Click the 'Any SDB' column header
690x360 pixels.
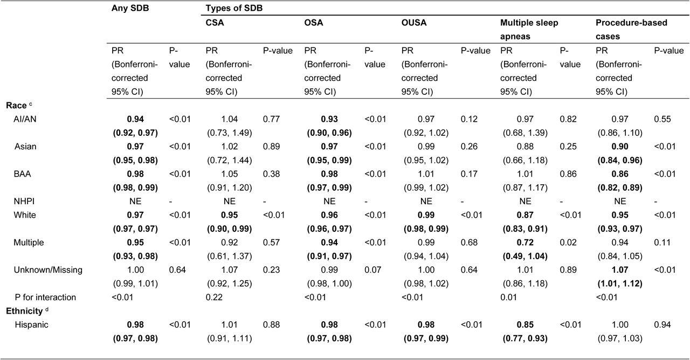coord(130,8)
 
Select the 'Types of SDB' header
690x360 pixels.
coord(234,8)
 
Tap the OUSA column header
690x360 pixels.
coord(413,23)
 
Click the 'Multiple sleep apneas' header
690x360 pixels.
coord(529,30)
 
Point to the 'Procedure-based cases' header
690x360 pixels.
coord(631,30)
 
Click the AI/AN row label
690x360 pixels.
coord(25,119)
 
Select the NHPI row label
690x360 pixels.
coord(24,202)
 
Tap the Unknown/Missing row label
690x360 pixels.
coord(48,270)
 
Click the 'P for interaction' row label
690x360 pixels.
coord(45,297)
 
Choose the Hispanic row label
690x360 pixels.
coord(31,325)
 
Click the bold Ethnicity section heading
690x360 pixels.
coord(24,311)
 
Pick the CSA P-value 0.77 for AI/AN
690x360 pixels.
coord(271,119)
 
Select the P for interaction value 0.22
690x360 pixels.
coord(214,297)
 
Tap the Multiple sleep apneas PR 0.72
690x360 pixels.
coord(525,243)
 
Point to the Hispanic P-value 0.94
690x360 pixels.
coord(663,325)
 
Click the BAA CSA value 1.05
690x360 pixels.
coord(230,174)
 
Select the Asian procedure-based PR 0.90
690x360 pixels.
coord(620,147)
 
